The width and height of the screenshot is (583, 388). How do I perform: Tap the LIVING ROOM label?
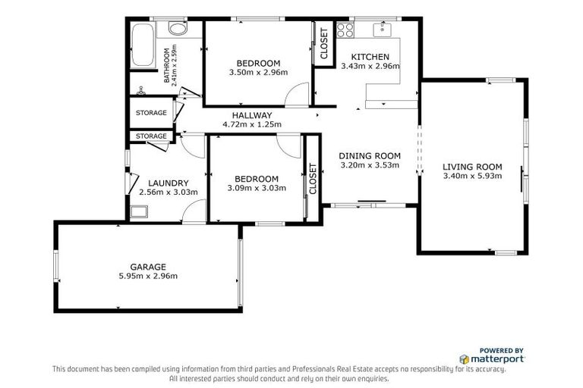click(x=472, y=167)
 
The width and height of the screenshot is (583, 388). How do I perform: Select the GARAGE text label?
click(x=147, y=266)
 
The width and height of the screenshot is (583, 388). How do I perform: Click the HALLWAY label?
click(x=251, y=115)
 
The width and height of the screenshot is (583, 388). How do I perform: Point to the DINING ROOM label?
click(x=369, y=156)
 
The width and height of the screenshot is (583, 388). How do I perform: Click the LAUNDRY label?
click(x=168, y=183)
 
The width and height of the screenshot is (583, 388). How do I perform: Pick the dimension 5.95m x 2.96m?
click(x=147, y=276)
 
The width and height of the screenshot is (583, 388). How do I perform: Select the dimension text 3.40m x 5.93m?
click(x=472, y=177)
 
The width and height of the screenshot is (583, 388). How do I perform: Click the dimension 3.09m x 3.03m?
click(x=256, y=188)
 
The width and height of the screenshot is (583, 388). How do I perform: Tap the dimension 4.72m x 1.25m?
click(x=251, y=124)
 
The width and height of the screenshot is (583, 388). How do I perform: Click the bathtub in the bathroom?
click(x=143, y=45)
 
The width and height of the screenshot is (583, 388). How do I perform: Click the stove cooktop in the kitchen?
click(x=345, y=31)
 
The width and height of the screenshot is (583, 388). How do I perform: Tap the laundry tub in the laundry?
click(x=137, y=211)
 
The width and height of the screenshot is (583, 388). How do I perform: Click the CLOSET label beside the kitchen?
click(x=323, y=44)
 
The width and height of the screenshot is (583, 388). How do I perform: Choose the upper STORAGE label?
click(x=151, y=113)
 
